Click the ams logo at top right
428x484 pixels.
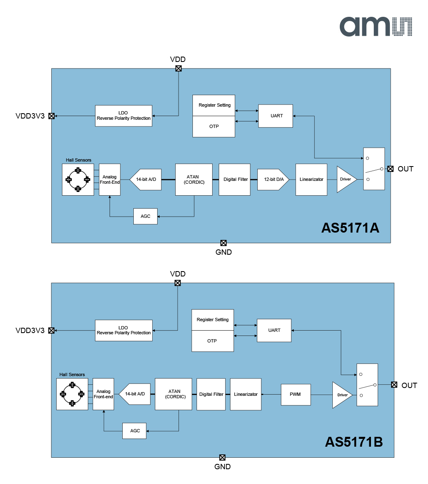pos(376,27)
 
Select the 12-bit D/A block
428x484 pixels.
pos(273,179)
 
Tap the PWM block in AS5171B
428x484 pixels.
pos(295,395)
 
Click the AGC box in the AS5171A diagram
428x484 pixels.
pos(145,216)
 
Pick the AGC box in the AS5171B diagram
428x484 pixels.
pos(134,431)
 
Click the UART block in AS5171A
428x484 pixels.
pos(275,116)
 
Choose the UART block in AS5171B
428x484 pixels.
pos(274,330)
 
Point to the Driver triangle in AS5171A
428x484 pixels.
pos(346,179)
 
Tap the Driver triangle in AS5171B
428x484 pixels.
pos(341,395)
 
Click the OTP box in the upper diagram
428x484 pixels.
pos(214,127)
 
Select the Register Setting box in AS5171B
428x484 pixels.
pos(213,320)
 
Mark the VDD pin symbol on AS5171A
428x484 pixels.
pos(179,68)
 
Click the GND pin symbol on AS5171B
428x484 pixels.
pos(222,457)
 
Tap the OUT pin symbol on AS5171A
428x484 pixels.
pos(391,169)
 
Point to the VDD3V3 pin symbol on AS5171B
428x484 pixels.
pos(52,331)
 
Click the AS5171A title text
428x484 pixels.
pos(350,228)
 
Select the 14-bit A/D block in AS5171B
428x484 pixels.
pos(135,394)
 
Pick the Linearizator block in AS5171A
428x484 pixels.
pos(311,179)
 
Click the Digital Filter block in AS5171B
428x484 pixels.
pos(211,394)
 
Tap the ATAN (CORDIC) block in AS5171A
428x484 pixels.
pos(194,179)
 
